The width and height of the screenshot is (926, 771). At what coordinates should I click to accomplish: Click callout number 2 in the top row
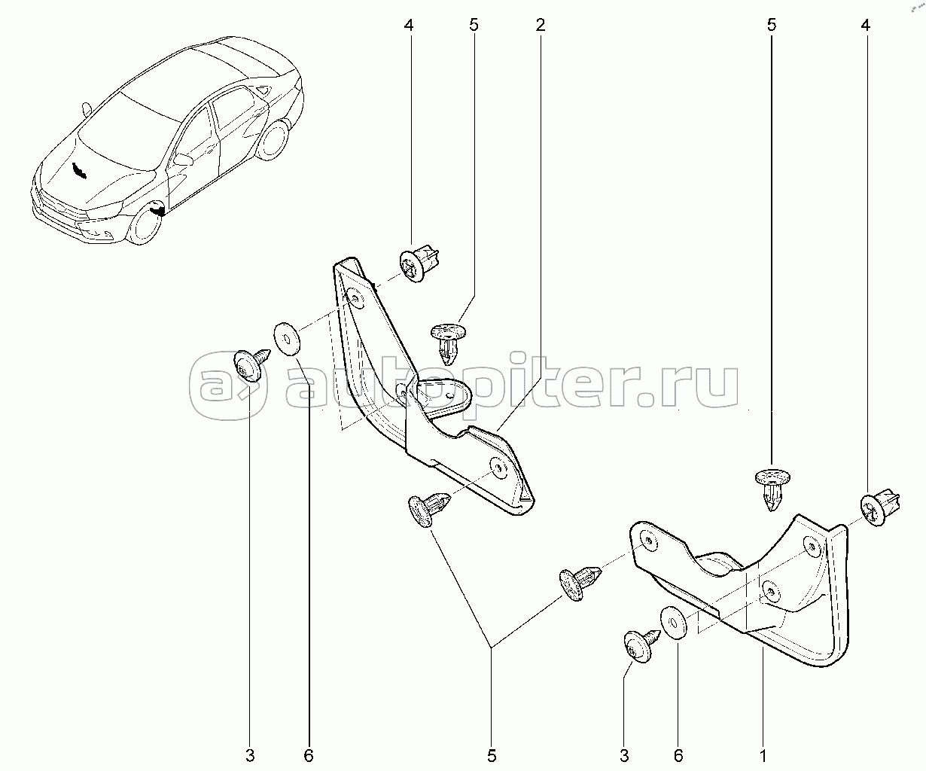click(x=540, y=25)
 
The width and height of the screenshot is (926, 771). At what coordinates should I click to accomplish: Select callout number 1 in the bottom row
click(x=763, y=754)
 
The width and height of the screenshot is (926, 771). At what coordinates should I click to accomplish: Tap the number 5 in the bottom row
click(x=492, y=754)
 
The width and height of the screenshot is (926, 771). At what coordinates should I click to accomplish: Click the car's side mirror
click(x=182, y=159)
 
